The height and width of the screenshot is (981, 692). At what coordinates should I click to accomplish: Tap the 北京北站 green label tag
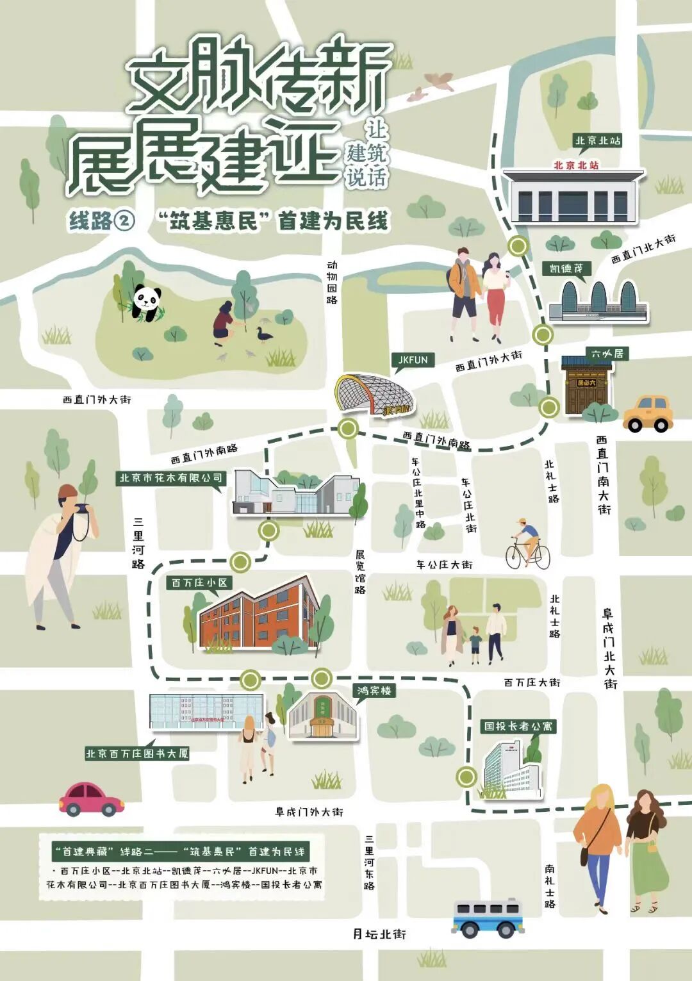point(597,141)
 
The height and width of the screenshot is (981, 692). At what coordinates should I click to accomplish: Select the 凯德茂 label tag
point(566,268)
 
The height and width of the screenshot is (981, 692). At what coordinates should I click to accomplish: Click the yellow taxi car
point(648,414)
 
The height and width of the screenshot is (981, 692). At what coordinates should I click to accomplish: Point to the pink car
point(91,798)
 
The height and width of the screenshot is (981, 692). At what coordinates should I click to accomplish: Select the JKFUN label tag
point(413,360)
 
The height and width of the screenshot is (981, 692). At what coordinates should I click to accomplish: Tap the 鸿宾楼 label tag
point(374,691)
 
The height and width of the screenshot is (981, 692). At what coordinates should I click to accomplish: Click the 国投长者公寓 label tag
point(518,726)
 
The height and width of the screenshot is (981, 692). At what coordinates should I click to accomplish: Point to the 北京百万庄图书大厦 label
point(137,754)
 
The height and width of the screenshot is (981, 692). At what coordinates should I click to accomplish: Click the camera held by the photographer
point(83,509)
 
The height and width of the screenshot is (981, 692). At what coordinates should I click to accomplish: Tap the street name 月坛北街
point(379,934)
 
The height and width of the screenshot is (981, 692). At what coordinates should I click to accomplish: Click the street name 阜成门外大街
point(309,812)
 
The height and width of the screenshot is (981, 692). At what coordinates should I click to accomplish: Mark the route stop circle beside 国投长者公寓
point(466,777)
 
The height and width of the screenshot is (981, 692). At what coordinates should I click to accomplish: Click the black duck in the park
point(263,334)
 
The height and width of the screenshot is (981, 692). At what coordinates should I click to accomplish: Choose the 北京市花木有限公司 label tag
point(171,477)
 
